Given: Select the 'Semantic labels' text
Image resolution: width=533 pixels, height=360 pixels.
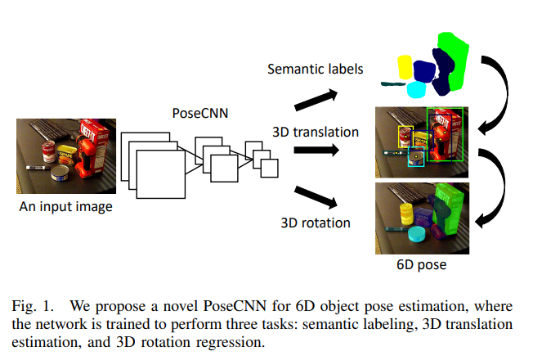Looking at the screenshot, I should (316, 68).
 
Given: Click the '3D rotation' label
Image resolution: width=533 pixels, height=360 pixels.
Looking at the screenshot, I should (316, 222).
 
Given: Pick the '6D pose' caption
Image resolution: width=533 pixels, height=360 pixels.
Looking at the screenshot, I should (421, 265).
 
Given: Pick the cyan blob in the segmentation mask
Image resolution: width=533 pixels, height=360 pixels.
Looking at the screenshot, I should (416, 89).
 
